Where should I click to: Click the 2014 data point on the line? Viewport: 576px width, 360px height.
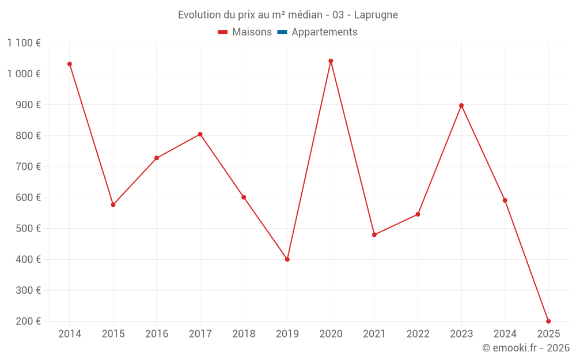pos(70,64)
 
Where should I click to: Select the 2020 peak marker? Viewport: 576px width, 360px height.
pos(331,61)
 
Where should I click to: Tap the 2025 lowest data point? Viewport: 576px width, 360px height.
pos(548,321)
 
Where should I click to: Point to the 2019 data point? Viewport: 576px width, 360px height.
pos(287,259)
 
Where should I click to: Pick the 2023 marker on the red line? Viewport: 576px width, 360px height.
pos(461,105)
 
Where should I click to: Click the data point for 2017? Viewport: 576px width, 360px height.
pos(200,134)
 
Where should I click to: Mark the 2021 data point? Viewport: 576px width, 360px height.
pos(374,234)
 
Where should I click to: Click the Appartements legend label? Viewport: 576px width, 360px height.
pos(324,32)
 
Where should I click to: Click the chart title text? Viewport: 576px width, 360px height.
pos(287,15)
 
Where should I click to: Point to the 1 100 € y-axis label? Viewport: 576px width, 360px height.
pos(24,43)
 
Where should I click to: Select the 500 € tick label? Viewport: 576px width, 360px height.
pos(27,229)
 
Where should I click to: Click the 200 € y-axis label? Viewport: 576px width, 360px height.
pos(27,321)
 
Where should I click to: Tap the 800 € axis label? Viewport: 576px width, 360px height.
pos(27,136)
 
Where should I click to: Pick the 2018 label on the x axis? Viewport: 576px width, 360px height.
pos(244,334)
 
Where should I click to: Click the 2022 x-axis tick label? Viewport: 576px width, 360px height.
pos(418,334)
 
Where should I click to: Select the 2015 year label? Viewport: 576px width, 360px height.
pos(113,334)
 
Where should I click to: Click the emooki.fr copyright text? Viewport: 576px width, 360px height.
pos(525,348)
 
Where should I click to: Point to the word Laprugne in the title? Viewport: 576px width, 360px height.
pos(376,15)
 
